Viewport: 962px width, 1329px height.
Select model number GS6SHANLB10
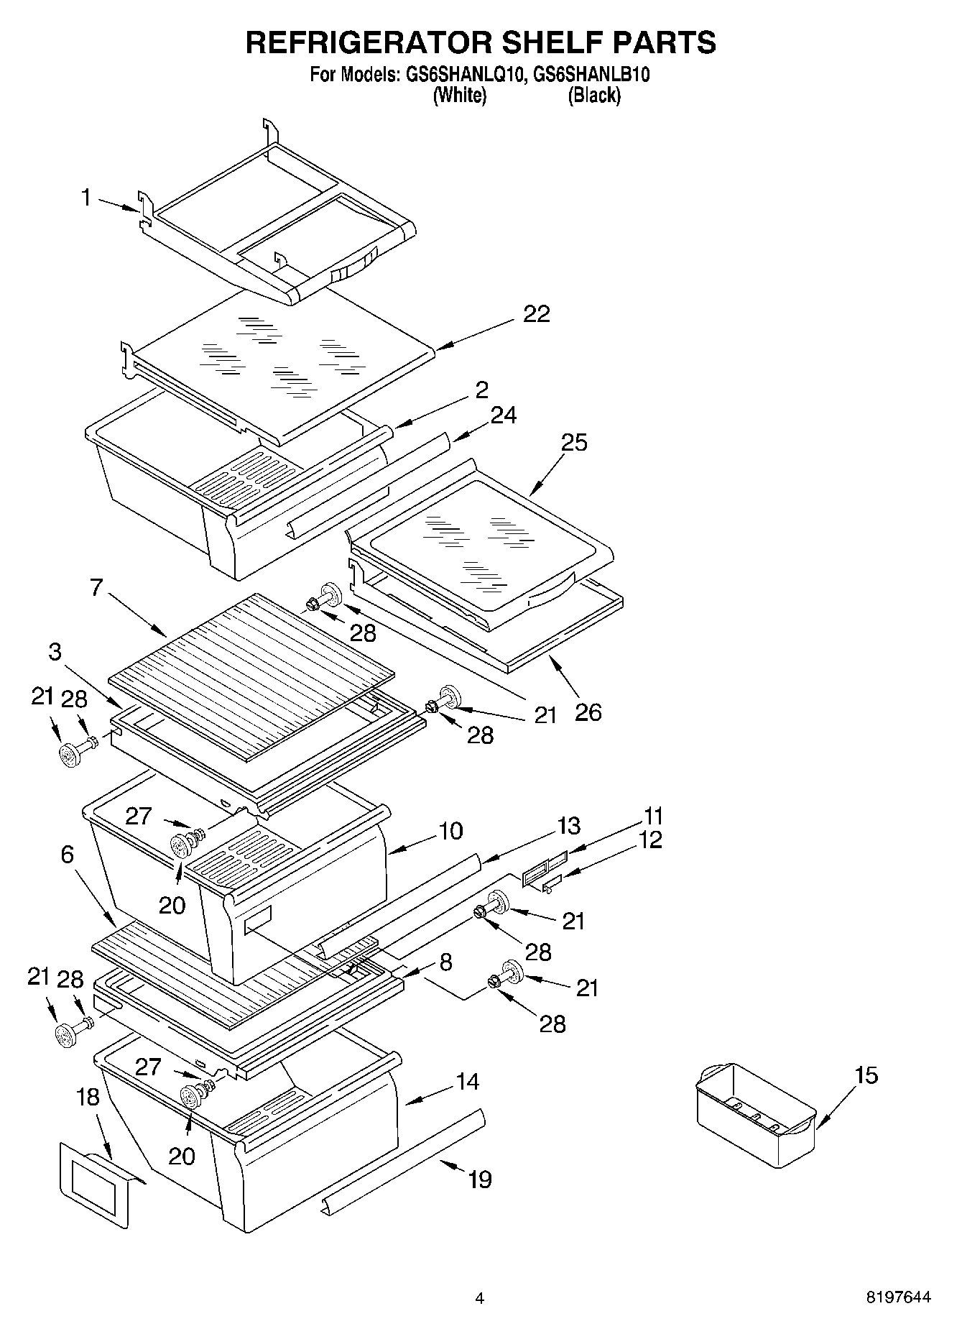pos(588,75)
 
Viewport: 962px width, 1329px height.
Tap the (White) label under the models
pos(460,95)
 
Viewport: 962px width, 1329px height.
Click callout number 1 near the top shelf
pos(86,197)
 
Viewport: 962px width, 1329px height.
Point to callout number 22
pos(536,314)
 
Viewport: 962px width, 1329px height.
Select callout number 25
pos(574,442)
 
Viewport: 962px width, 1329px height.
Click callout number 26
pos(588,712)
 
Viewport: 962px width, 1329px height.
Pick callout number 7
pos(97,587)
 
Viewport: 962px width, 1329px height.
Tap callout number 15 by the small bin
pos(866,1075)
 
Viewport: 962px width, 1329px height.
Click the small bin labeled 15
pos(754,1114)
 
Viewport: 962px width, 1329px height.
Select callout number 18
pos(88,1097)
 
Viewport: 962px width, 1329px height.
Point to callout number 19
pos(479,1179)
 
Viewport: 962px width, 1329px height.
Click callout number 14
pos(467,1081)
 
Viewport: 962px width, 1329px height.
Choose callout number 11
pos(653,816)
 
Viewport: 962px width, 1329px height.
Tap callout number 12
pos(650,839)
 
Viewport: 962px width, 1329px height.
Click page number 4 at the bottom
pos(479,1298)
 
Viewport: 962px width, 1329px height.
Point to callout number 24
pos(504,415)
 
